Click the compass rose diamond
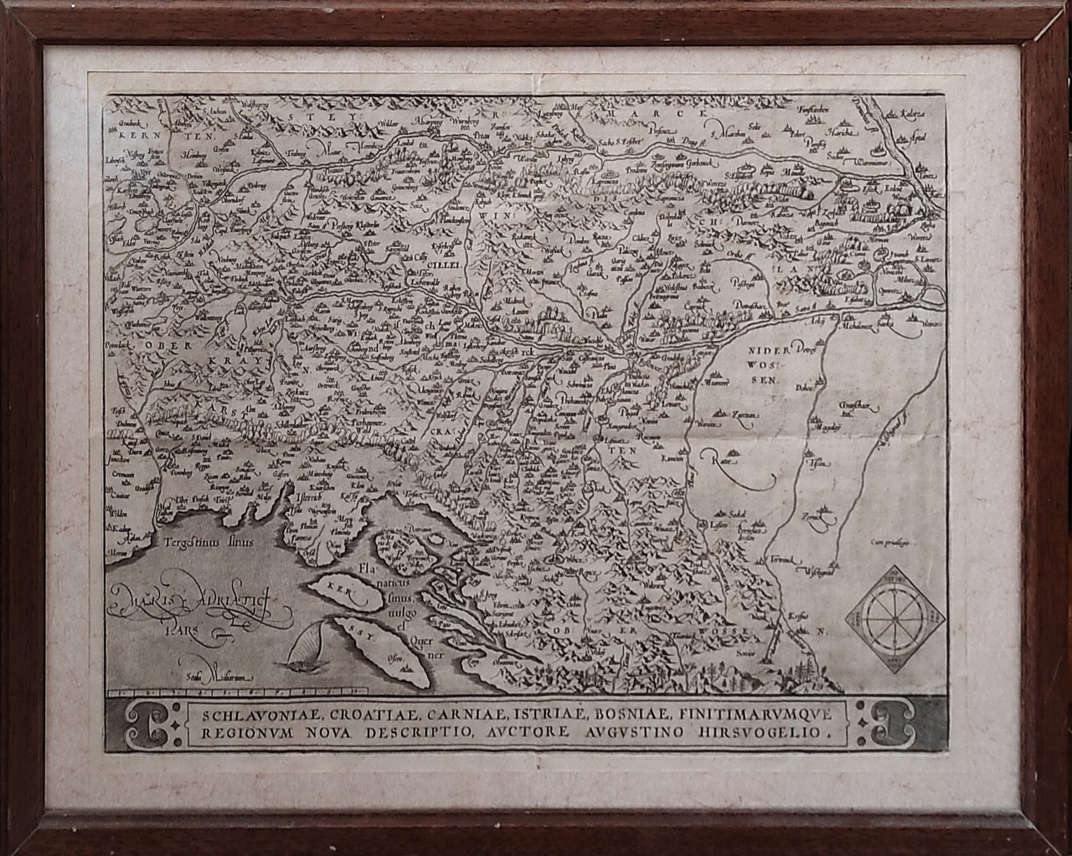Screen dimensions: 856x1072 click(898, 621)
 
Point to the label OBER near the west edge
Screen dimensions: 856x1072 click(134, 344)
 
